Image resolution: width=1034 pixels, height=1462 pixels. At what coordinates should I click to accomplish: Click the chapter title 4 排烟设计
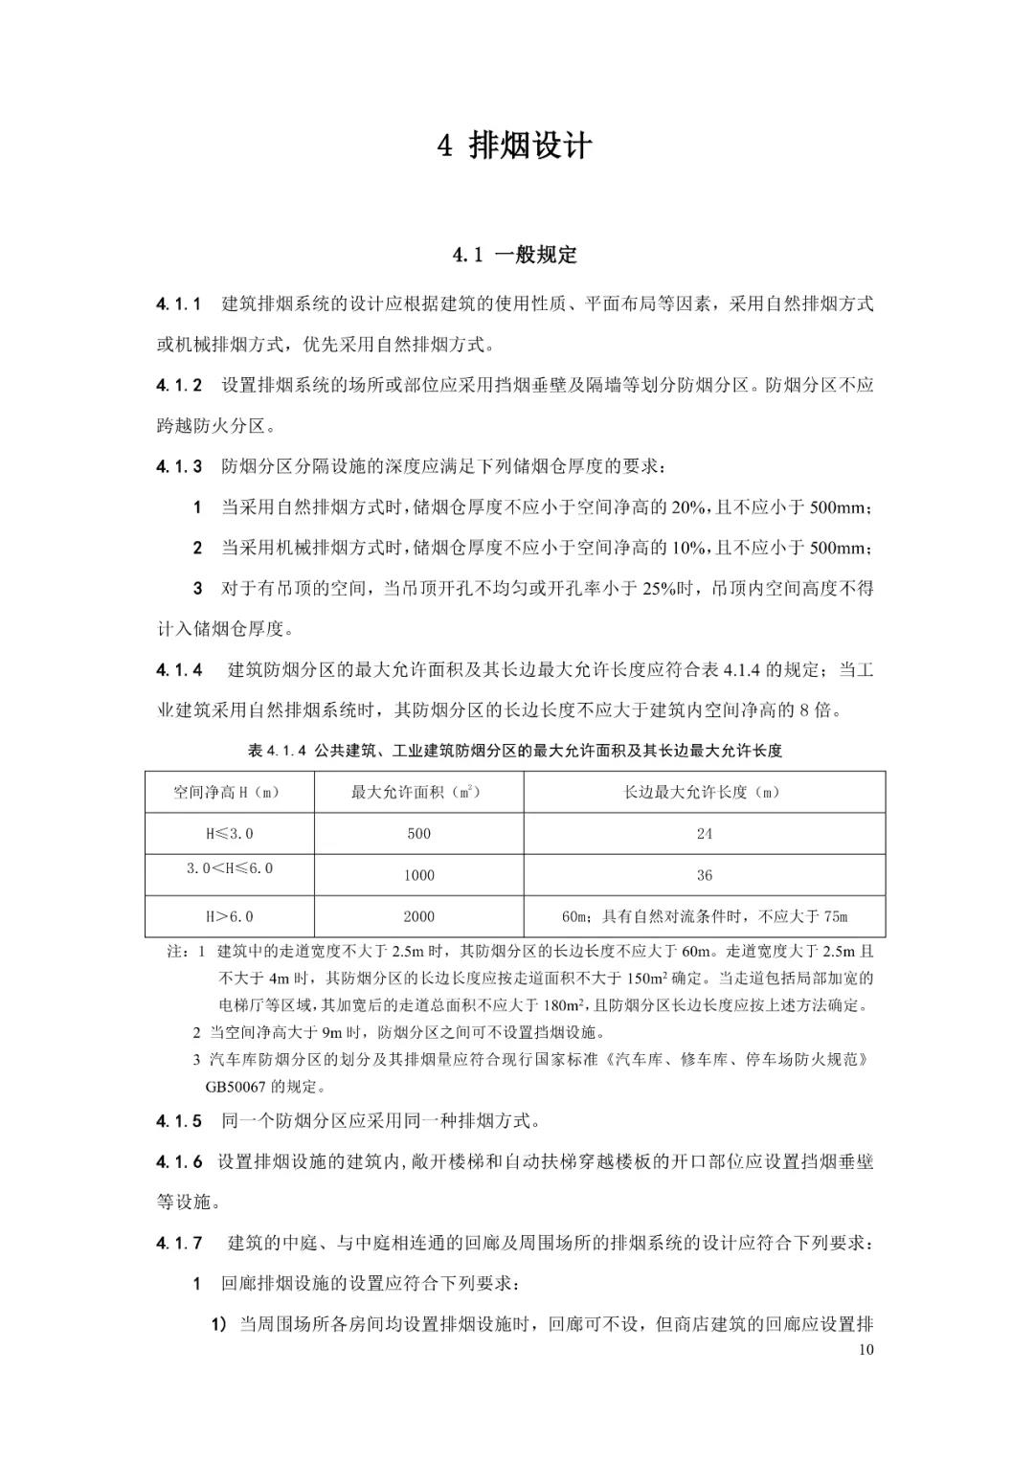point(515,146)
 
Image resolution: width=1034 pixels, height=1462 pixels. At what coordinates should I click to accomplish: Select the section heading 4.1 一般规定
point(515,255)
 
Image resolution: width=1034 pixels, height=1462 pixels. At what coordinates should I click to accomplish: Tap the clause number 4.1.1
point(179,304)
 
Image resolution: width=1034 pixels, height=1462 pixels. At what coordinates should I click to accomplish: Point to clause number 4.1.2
point(179,386)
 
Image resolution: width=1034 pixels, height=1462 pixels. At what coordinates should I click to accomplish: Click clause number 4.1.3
point(179,467)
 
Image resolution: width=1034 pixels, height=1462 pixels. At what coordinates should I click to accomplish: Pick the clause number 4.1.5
point(179,1120)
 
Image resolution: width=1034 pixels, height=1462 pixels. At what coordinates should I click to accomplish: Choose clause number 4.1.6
point(179,1161)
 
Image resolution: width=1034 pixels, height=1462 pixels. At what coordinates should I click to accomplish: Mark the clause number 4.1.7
point(179,1243)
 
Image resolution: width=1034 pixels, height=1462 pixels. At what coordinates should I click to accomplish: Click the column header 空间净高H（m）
point(229,793)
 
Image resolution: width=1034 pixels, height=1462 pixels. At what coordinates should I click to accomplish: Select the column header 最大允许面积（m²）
point(417,793)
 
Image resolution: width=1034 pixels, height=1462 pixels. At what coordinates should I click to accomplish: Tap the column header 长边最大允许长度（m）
point(704,793)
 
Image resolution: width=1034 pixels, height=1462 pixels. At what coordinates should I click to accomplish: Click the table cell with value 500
point(418,834)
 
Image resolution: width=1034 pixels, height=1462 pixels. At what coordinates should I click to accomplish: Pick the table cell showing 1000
point(418,875)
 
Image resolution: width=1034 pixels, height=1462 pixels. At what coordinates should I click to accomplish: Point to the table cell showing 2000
point(418,916)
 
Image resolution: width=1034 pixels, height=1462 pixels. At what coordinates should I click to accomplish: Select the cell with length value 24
point(704,834)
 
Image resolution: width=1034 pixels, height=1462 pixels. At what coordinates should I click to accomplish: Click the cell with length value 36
point(704,875)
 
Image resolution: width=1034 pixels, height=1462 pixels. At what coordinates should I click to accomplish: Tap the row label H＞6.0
point(229,916)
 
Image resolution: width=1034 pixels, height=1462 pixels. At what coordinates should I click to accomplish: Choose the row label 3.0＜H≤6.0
point(229,868)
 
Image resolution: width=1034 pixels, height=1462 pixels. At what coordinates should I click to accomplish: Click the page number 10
point(866,1351)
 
